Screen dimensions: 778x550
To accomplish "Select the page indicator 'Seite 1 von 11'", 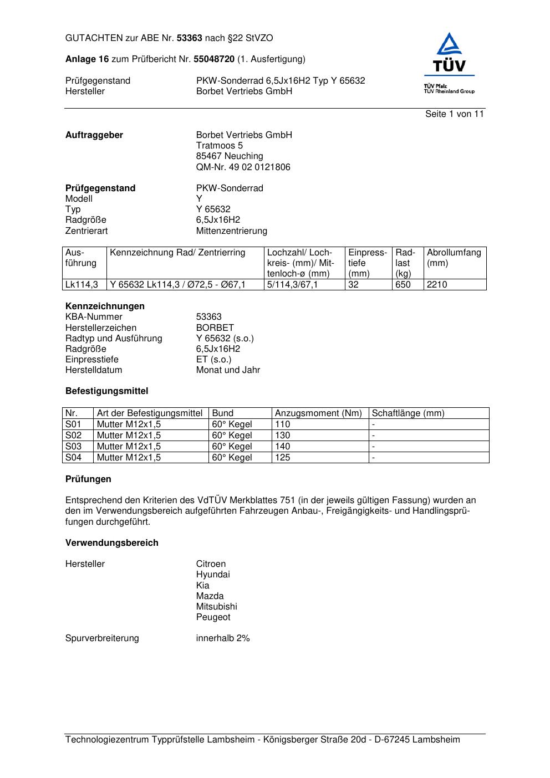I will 454,114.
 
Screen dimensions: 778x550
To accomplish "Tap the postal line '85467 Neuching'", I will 230,156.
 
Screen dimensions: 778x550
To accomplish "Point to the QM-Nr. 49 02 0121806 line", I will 243,167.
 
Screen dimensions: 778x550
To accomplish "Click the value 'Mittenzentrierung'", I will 231,231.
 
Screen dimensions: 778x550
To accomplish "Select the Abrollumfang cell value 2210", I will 437,285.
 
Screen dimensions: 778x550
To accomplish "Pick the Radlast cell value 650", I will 403,285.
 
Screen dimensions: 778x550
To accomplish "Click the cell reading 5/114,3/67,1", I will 292,285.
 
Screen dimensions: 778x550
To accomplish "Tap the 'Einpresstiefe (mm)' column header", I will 368,263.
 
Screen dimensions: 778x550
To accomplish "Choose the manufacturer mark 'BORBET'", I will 215,328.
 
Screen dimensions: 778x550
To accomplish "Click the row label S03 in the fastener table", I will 74,447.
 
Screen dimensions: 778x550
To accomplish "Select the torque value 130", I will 283,436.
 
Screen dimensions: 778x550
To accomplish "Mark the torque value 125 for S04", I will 283,458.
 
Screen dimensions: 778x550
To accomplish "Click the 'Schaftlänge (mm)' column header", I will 408,413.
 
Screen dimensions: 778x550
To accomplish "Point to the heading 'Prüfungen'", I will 88,479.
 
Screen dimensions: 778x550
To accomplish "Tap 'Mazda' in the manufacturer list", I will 210,596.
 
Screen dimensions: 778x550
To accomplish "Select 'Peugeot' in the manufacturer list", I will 213,617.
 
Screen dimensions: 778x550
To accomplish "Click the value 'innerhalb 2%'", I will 222,638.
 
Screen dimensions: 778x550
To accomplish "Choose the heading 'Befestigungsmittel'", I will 107,391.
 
